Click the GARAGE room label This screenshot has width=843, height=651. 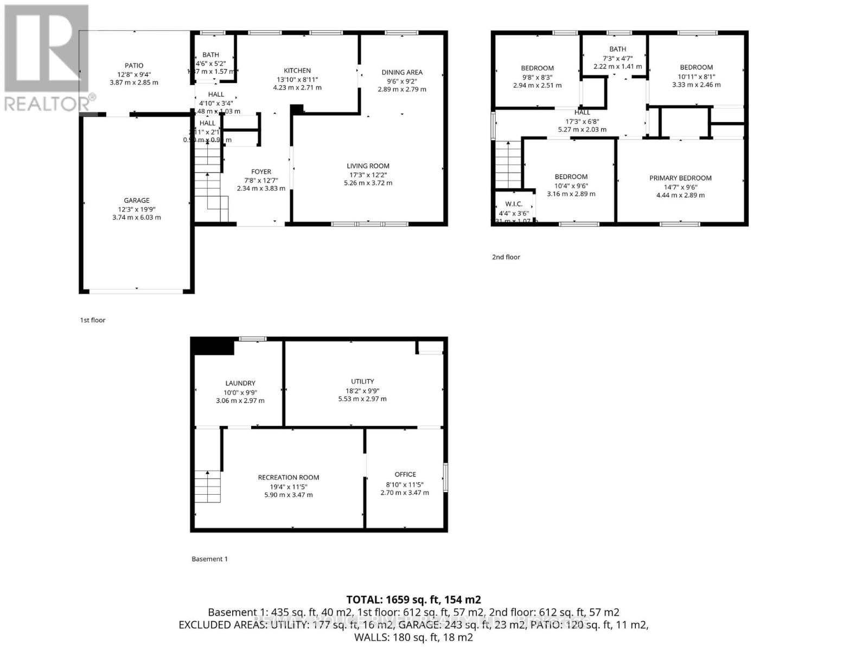pos(136,200)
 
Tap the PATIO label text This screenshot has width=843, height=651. pos(134,66)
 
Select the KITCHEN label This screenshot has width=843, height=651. pos(297,71)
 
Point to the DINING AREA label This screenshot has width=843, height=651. pos(401,72)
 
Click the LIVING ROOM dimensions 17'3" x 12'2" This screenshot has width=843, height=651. pos(368,175)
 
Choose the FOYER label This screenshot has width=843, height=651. pos(261,171)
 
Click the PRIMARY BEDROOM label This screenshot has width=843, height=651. pos(680,178)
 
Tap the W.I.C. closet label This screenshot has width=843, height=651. pos(513,204)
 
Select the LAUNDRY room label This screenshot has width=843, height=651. pos(240,383)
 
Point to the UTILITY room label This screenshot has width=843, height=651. pos(362,381)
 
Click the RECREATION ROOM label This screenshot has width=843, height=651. pos(288,477)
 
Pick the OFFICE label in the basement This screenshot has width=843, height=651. pos(405,474)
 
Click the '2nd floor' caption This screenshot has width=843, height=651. pos(506,257)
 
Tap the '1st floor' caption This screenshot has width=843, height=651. pos(93,320)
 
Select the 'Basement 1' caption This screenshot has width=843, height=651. pos(209,559)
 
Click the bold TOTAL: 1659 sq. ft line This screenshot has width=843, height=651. pos(413,599)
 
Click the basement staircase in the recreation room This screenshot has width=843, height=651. pos(208,487)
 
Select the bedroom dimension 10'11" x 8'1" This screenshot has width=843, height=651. pos(696,76)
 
